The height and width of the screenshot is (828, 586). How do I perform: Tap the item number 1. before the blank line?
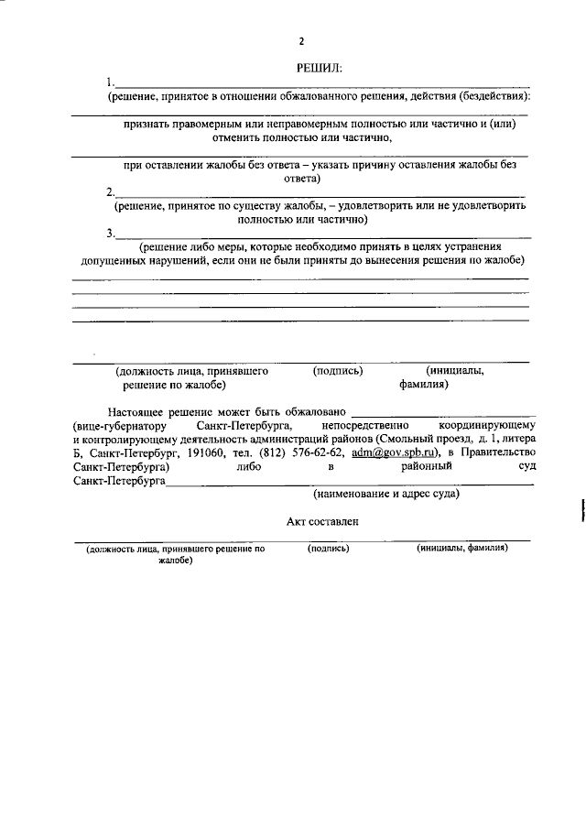[110, 82]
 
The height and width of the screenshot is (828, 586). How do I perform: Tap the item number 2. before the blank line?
[110, 192]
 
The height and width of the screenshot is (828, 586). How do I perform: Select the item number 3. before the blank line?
[110, 234]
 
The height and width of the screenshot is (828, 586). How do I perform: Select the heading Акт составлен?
[322, 521]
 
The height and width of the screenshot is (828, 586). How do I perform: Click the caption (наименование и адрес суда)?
[386, 494]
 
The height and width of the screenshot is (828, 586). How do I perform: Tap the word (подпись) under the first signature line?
[338, 371]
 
